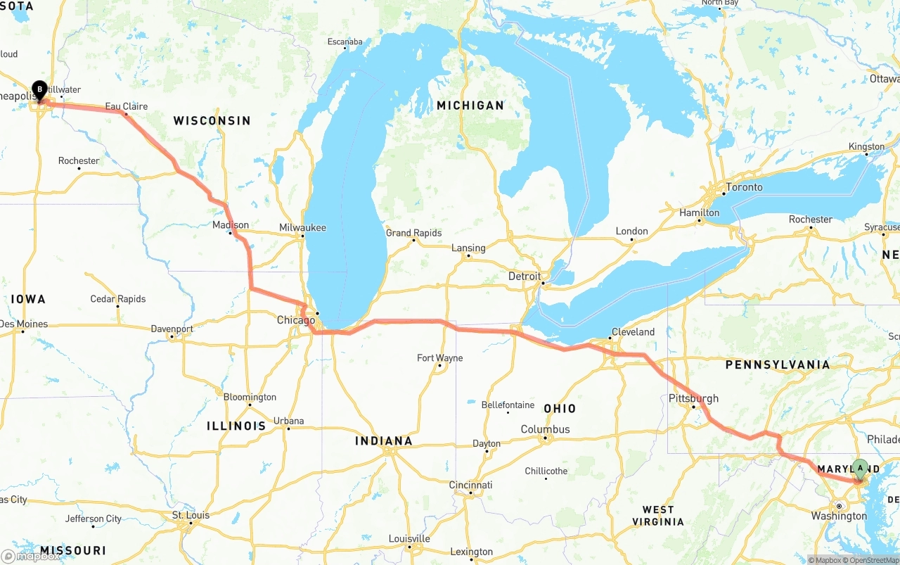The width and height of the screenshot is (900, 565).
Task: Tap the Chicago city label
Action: [x=296, y=320]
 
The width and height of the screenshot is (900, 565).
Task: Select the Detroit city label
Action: [x=525, y=277]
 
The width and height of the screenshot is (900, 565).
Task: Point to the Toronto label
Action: [x=744, y=187]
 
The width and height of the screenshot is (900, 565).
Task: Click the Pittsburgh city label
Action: [x=693, y=398]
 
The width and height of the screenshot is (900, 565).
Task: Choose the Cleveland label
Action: [x=633, y=331]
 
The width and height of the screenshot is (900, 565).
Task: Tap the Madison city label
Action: [x=231, y=225]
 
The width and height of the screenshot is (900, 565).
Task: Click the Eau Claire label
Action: [x=127, y=106]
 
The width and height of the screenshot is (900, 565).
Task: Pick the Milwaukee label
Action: [x=302, y=227]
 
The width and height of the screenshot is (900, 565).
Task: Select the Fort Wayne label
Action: [x=439, y=358]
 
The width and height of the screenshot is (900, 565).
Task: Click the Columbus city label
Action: [x=545, y=429]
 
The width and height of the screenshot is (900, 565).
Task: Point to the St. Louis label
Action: [x=191, y=515]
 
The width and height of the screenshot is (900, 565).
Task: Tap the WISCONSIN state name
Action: [x=212, y=120]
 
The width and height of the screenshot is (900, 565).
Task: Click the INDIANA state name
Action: [x=383, y=441]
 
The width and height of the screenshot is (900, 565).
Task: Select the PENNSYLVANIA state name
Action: [x=778, y=364]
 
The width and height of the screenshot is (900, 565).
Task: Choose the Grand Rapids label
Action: [x=413, y=233]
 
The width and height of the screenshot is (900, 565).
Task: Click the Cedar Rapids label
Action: [x=118, y=299]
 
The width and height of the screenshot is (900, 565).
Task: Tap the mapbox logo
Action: [x=31, y=556]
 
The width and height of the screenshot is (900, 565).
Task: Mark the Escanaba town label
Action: [x=345, y=42]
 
